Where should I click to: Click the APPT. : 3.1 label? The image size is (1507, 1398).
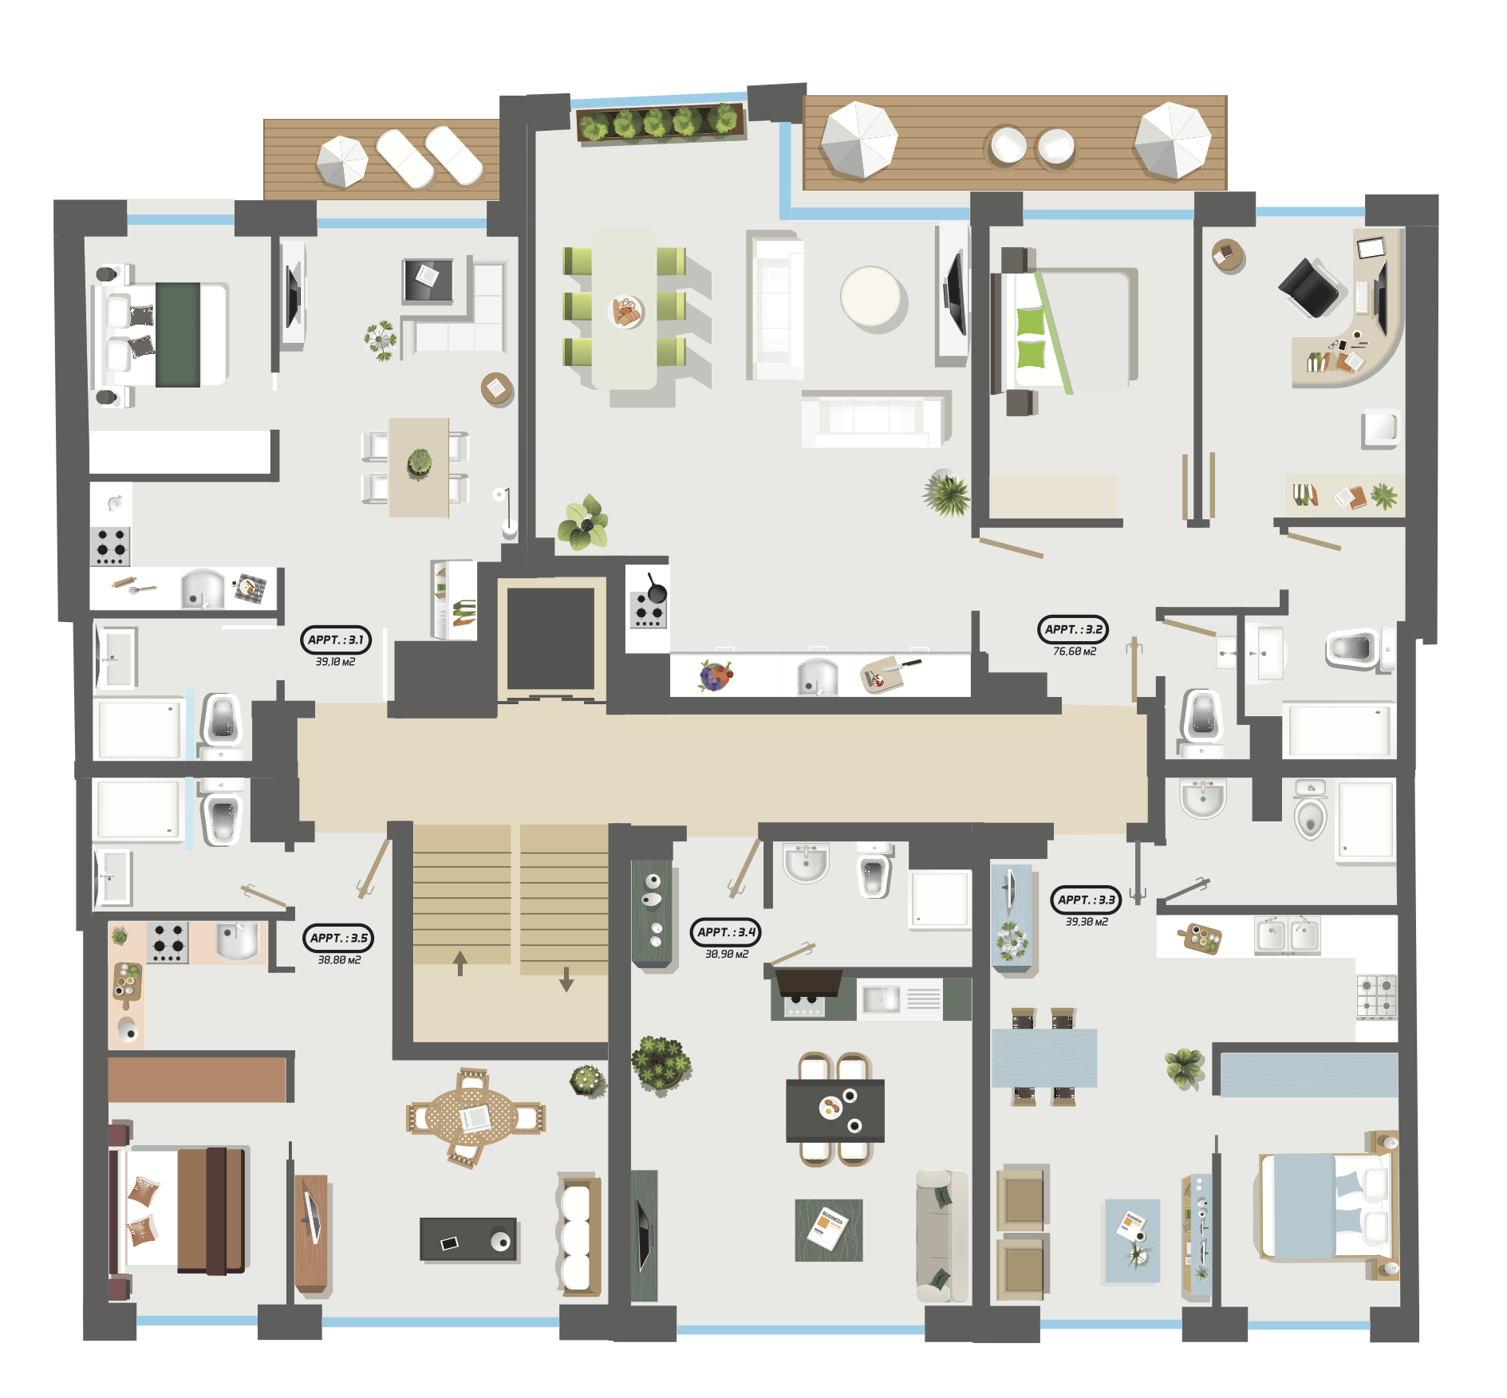tap(335, 640)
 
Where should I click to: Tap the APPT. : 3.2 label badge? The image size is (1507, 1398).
tap(1073, 629)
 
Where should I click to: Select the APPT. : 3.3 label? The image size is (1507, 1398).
tap(1086, 900)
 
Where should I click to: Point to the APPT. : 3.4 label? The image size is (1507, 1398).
tap(726, 931)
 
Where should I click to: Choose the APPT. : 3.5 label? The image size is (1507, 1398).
tap(338, 938)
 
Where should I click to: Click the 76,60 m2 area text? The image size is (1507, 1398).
tap(1075, 652)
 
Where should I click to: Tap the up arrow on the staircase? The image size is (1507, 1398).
tap(460, 963)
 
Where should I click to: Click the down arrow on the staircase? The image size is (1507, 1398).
tap(566, 979)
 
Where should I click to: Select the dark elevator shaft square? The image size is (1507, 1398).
tap(550, 638)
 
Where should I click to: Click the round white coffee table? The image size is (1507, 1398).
tap(871, 297)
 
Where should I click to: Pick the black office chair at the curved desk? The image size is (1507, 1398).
tap(1309, 287)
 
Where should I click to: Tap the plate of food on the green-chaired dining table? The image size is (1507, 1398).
tap(626, 312)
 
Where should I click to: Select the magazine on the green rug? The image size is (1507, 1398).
tap(827, 1229)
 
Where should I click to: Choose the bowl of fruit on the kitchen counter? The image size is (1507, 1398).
tap(715, 675)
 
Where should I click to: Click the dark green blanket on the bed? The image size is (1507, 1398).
tap(178, 335)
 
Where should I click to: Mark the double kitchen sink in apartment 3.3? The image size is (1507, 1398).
tap(1287, 935)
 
